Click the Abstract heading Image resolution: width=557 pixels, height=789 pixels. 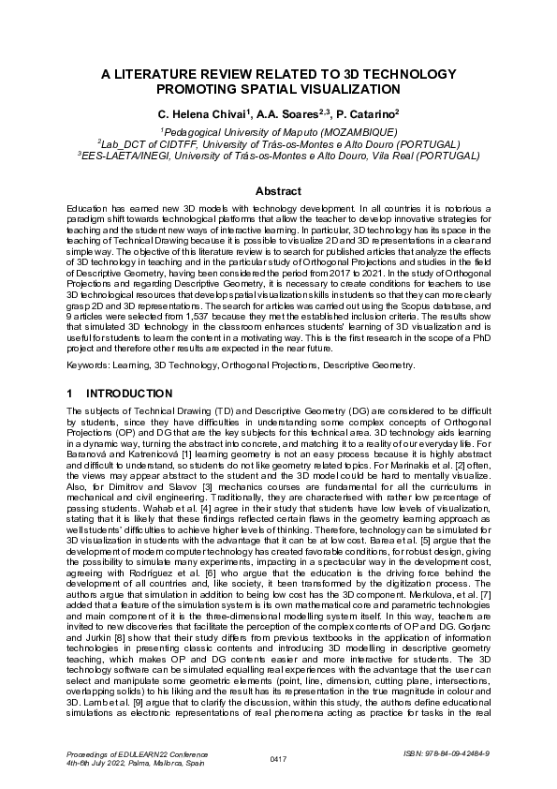coord(278,190)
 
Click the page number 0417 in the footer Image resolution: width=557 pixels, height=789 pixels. coord(278,758)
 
